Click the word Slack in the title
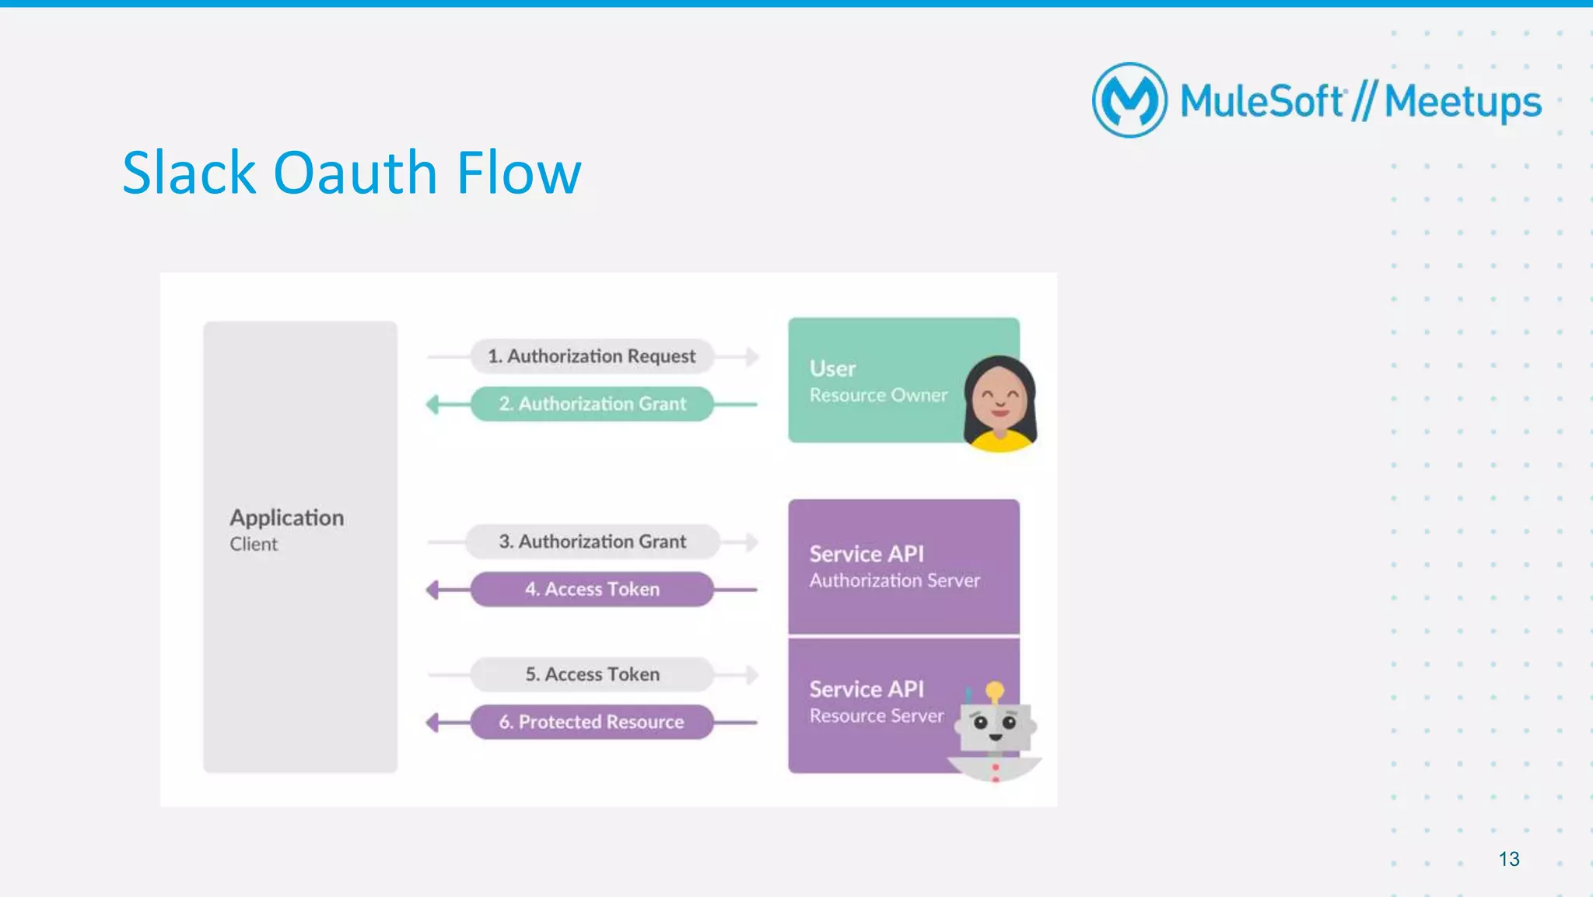point(189,173)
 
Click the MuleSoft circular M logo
point(1129,100)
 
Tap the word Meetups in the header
point(1462,102)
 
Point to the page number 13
point(1509,859)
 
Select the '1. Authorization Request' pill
point(591,356)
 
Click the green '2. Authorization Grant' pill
point(592,404)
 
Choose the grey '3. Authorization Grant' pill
point(592,541)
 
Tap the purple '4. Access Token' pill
point(592,589)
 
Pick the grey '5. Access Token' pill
point(592,675)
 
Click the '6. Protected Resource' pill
point(592,722)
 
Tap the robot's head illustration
point(995,727)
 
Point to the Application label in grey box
point(286,518)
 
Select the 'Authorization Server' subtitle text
point(895,580)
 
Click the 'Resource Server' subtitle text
point(877,716)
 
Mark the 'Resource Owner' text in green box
point(878,395)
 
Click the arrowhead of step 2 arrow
point(432,404)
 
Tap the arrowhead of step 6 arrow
point(432,722)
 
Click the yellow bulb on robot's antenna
point(995,689)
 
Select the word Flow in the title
point(519,173)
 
